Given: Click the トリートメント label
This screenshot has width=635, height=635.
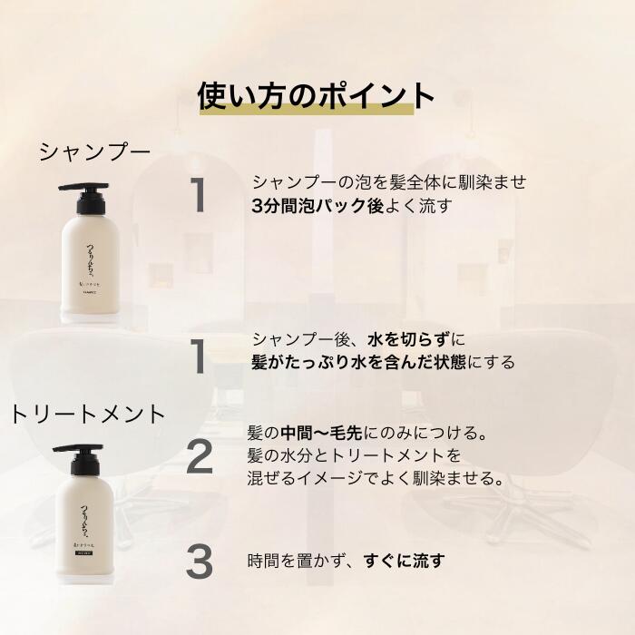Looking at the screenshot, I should pyautogui.click(x=88, y=415).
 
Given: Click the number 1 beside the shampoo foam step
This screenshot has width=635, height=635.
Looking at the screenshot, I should pyautogui.click(x=199, y=196).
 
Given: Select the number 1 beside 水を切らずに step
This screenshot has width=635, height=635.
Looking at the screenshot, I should pyautogui.click(x=199, y=355).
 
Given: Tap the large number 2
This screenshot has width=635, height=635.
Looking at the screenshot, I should pyautogui.click(x=200, y=455).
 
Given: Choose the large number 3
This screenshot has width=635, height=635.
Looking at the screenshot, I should pyautogui.click(x=199, y=562).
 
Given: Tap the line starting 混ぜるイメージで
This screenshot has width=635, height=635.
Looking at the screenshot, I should pyautogui.click(x=376, y=476).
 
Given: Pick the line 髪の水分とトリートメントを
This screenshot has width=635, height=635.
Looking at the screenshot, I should pyautogui.click(x=355, y=454).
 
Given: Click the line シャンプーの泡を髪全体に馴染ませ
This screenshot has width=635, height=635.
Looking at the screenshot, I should pyautogui.click(x=389, y=182).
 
